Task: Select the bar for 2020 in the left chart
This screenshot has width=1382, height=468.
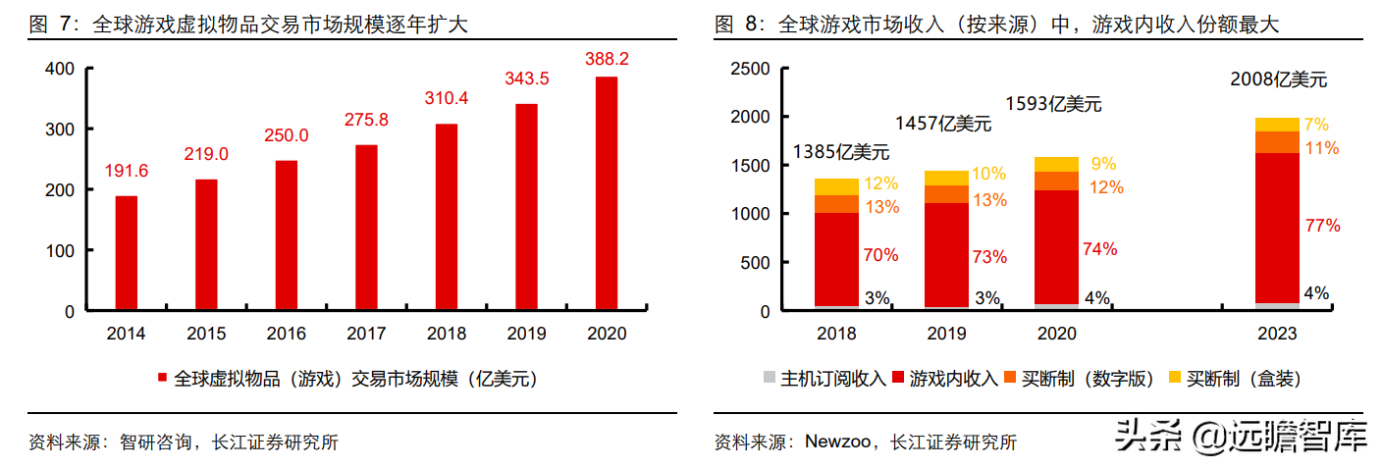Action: (607, 194)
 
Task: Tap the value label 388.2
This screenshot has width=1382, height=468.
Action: (607, 59)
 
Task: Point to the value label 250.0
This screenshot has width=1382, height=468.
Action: (286, 135)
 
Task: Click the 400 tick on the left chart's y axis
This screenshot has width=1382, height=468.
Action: (59, 69)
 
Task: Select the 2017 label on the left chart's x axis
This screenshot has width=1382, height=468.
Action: (366, 334)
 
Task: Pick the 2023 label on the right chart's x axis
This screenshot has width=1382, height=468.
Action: (1276, 334)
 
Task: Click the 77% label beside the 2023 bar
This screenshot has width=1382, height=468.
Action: (1323, 226)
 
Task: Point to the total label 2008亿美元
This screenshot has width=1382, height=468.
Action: (1278, 80)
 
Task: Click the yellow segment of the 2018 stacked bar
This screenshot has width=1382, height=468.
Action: (836, 186)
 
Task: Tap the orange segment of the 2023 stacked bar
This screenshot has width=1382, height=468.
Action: (1276, 142)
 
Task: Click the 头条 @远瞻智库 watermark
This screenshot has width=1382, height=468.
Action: (1241, 437)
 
